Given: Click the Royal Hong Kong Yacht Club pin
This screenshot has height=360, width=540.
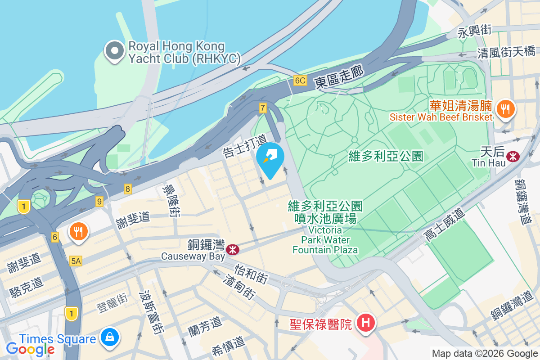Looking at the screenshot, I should coord(115,52).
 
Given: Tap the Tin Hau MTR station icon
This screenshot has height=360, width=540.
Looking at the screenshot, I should coord(512,156).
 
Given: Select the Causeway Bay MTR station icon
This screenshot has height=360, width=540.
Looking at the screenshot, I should coord(233,249).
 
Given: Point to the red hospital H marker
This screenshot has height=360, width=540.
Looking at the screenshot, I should coord(365,323).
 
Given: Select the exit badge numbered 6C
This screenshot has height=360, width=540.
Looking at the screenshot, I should coord(300,81).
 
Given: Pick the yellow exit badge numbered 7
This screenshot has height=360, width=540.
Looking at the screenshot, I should coord(263,108).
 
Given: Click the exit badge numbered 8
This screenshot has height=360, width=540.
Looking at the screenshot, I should coord(128,189).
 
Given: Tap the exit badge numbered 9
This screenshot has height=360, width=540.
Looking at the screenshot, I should coord(99,201).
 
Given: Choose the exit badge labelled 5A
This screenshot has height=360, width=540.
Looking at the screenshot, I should coord(76,261).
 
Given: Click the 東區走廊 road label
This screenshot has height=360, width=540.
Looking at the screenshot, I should coord(338,76).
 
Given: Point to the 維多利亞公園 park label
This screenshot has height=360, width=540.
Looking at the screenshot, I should coord(386,156).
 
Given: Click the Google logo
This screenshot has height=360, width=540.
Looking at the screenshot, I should coord(30,349).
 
